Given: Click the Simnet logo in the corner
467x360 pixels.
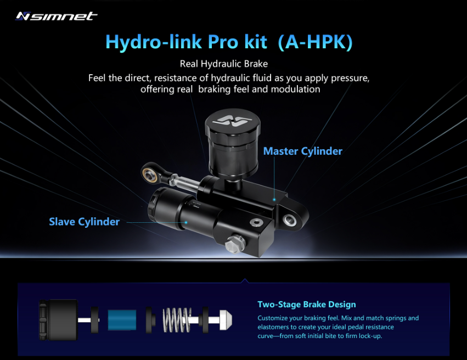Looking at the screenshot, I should tap(57, 16).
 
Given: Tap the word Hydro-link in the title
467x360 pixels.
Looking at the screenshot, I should tap(147, 42).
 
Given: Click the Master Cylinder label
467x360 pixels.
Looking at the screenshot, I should tap(303, 151).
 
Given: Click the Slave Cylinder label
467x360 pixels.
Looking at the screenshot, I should tap(84, 222).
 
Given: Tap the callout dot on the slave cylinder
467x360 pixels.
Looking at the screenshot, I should tap(186, 222).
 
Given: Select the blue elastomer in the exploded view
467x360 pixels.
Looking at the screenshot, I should tap(122, 319).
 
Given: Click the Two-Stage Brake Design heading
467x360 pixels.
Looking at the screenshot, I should tap(307, 305).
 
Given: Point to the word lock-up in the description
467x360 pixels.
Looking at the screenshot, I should tap(367, 335).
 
